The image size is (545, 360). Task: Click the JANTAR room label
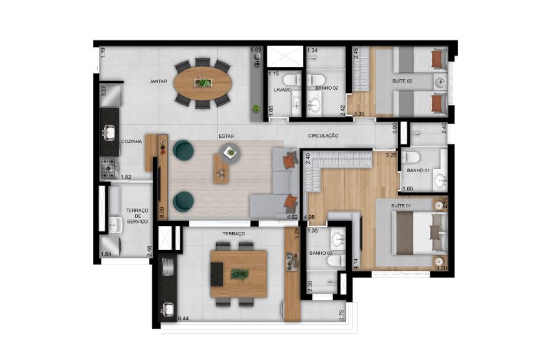(159, 81)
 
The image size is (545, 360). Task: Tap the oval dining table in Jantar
(204, 83)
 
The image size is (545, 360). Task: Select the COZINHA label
(131, 141)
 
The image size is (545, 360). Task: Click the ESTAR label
(226, 136)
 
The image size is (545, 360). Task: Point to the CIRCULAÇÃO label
(323, 136)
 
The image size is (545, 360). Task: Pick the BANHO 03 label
(321, 253)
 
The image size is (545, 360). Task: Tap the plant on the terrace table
(239, 274)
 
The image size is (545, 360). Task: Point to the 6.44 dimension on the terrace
(186, 319)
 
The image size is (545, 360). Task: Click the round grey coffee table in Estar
(230, 153)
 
